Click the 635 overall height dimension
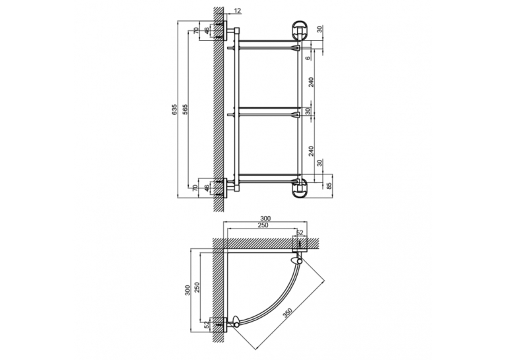click(x=174, y=110)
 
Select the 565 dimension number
click(x=185, y=110)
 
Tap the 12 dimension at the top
click(x=237, y=11)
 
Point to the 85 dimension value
click(x=329, y=186)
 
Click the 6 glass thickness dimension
click(x=308, y=58)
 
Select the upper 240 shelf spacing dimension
click(x=311, y=82)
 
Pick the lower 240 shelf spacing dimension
click(x=311, y=151)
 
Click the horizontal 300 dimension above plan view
click(x=265, y=219)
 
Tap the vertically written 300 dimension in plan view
click(x=187, y=290)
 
